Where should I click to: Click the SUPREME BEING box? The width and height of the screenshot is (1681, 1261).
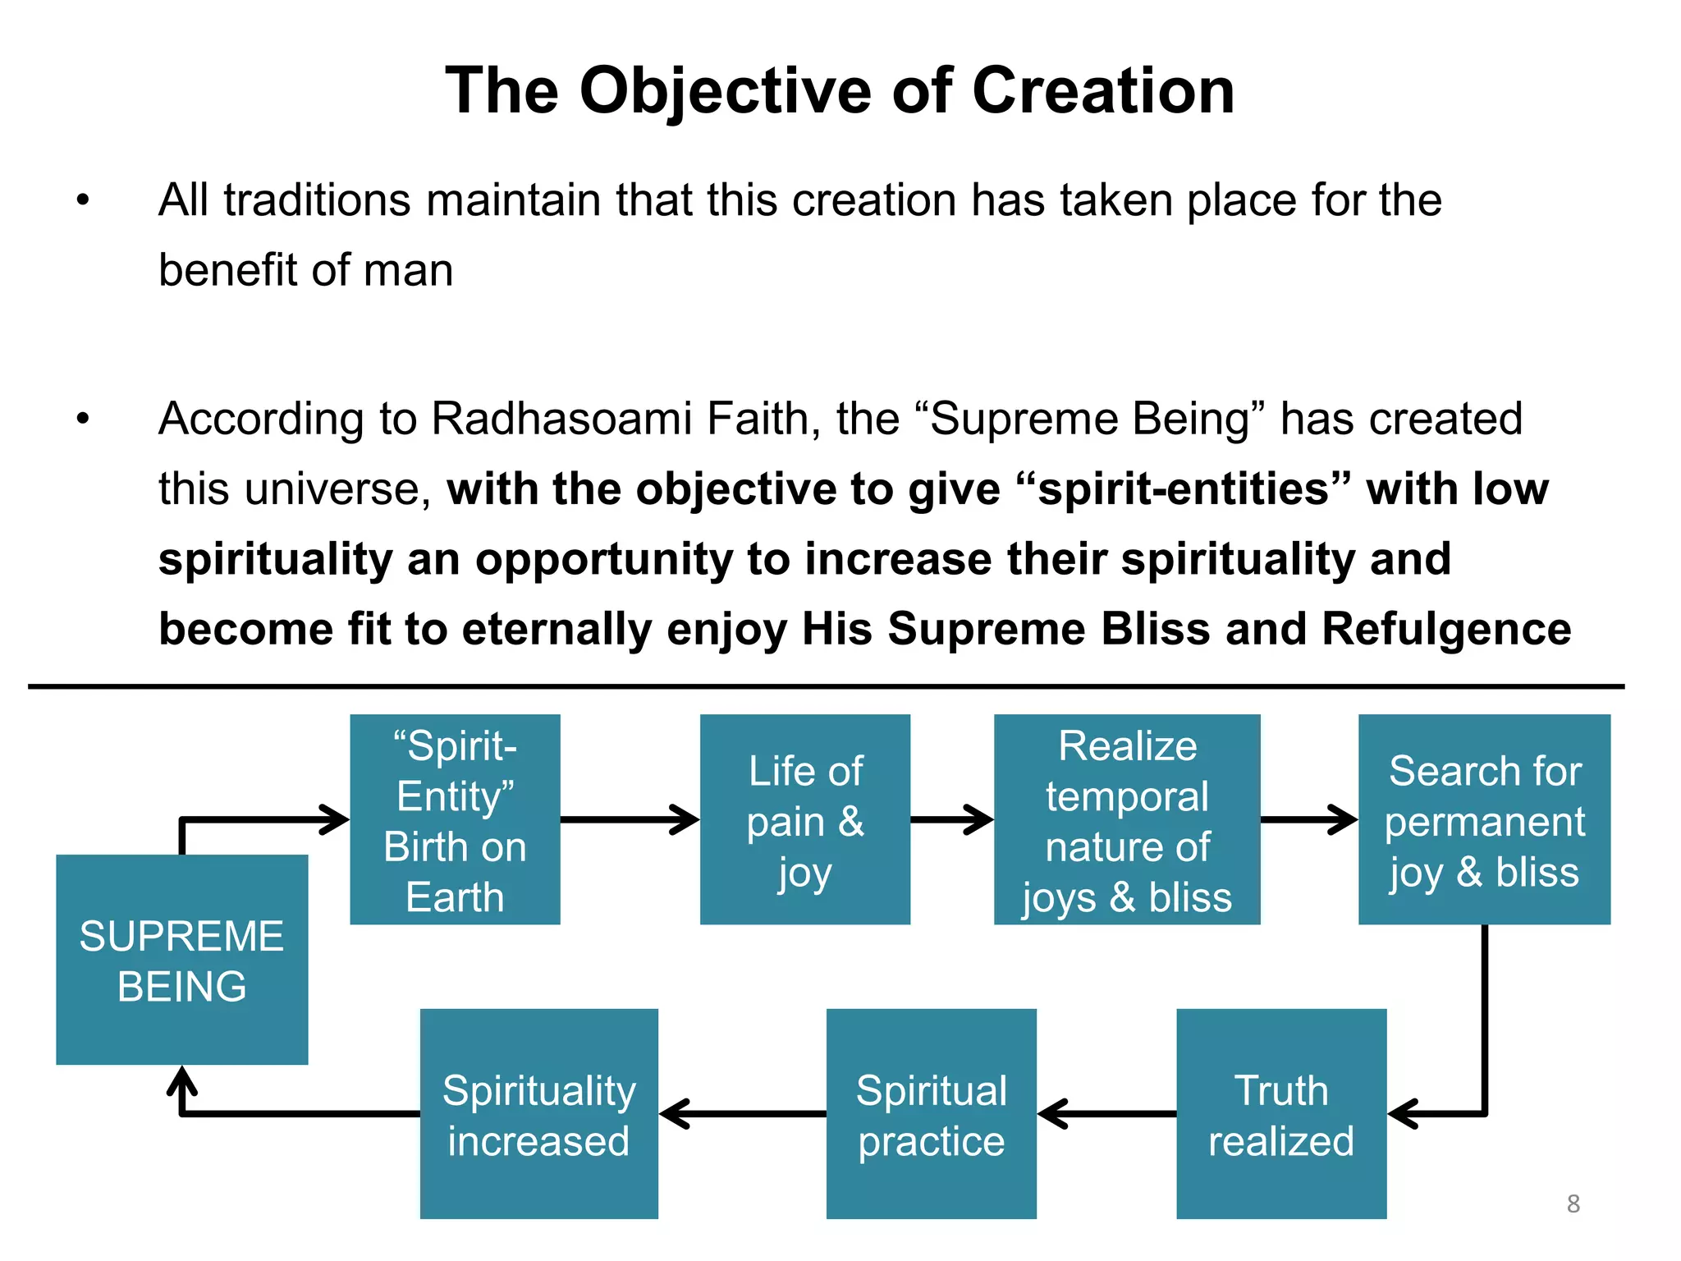coord(181,960)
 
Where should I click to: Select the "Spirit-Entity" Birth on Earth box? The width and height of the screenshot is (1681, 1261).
coord(455,819)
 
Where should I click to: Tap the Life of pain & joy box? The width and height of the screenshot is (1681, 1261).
coord(804,819)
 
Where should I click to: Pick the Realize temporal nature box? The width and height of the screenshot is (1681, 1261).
coord(1126,819)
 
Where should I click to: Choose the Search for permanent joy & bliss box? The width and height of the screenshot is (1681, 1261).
coord(1484,819)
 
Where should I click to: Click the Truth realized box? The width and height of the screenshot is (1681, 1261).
coord(1280,1114)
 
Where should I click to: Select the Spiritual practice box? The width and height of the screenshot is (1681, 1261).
coord(931,1114)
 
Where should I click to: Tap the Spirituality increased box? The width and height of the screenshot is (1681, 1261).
coord(538,1114)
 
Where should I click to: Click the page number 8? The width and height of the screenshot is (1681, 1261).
coord(1573,1204)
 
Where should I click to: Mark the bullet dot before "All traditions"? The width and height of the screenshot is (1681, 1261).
coord(82,200)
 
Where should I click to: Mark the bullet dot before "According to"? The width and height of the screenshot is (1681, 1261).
coord(82,419)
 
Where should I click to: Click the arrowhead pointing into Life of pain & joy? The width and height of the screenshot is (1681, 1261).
coord(686,819)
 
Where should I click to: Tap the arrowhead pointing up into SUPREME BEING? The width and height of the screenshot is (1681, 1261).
coord(182,1080)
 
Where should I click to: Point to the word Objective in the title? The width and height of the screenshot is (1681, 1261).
coord(725,90)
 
